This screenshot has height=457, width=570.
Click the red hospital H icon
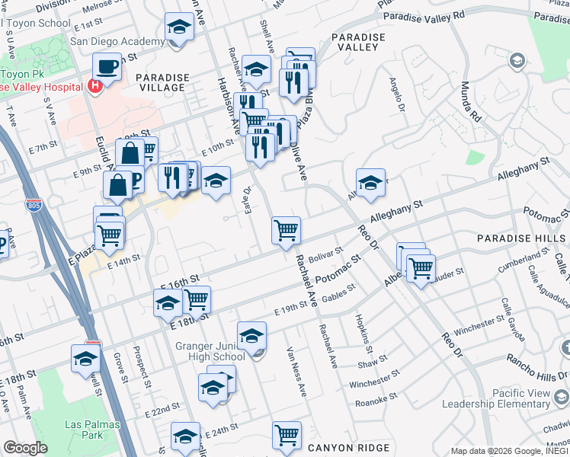tap(94, 86)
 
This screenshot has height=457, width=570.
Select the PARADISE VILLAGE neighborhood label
tap(160, 82)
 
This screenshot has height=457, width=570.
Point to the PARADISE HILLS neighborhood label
tap(523, 238)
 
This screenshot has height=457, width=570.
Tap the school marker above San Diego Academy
tap(178, 29)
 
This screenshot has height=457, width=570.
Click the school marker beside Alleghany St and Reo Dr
tap(370, 183)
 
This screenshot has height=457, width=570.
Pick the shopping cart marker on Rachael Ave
tap(286, 228)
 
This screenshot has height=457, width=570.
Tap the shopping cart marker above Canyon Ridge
tap(287, 435)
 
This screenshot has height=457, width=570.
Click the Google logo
tap(25, 448)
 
